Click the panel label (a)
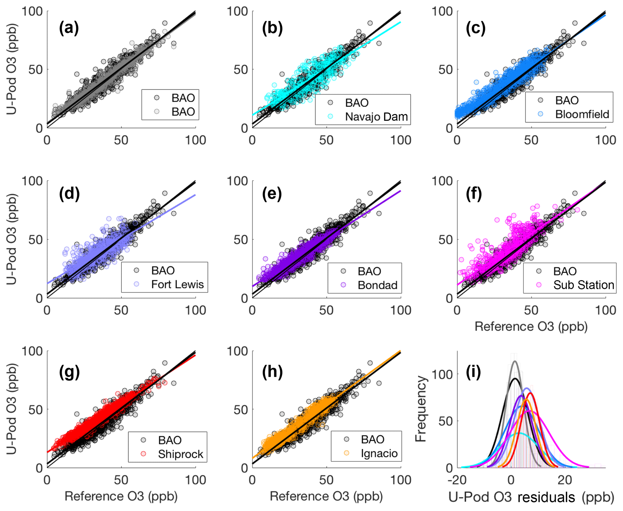69,28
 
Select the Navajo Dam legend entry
376,117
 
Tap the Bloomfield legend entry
582,114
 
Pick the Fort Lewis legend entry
177,284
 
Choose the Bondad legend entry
377,285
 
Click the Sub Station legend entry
584,285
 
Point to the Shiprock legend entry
181,454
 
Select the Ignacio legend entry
379,453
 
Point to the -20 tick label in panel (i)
458,480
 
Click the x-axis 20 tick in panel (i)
565,480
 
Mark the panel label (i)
473,373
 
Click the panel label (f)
474,194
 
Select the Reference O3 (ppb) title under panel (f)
531,327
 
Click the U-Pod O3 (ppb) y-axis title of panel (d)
11,240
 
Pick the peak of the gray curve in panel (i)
514,361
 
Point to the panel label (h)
272,373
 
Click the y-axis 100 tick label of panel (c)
442,11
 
